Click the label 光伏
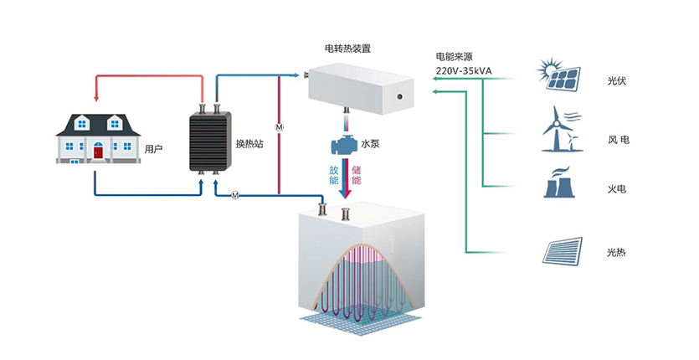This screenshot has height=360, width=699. click(x=617, y=82)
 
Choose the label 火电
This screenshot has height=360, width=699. click(x=617, y=189)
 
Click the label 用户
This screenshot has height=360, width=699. click(x=152, y=150)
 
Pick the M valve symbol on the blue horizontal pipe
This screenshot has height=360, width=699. click(x=235, y=196)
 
